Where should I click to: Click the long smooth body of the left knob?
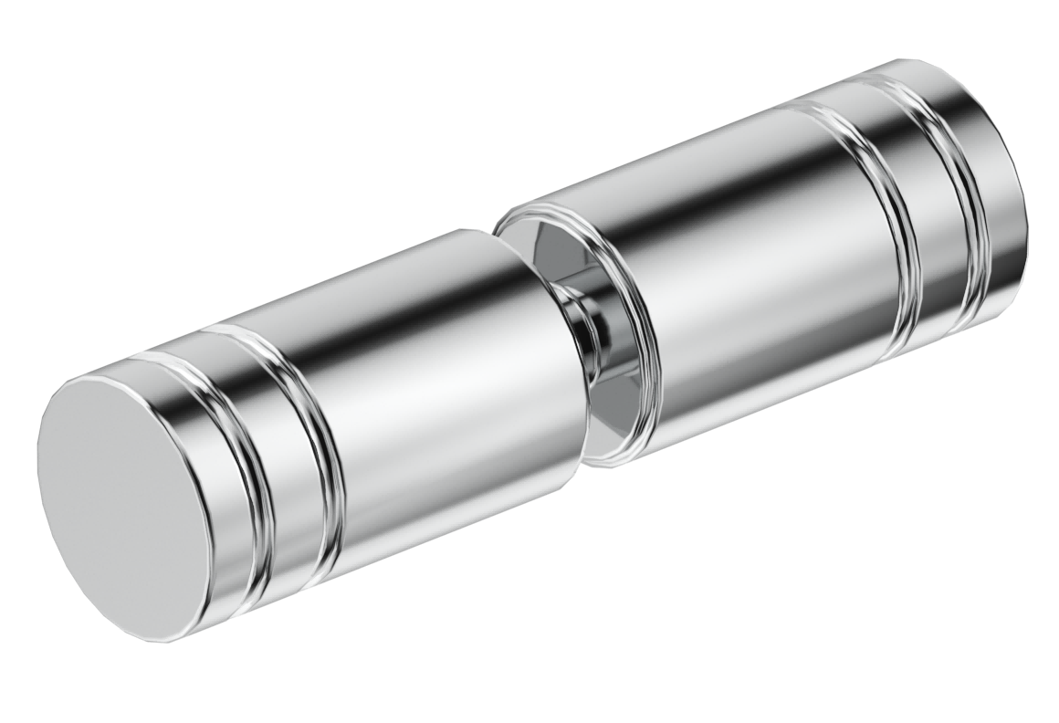(x=438, y=383)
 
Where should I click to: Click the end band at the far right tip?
(x=995, y=183)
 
